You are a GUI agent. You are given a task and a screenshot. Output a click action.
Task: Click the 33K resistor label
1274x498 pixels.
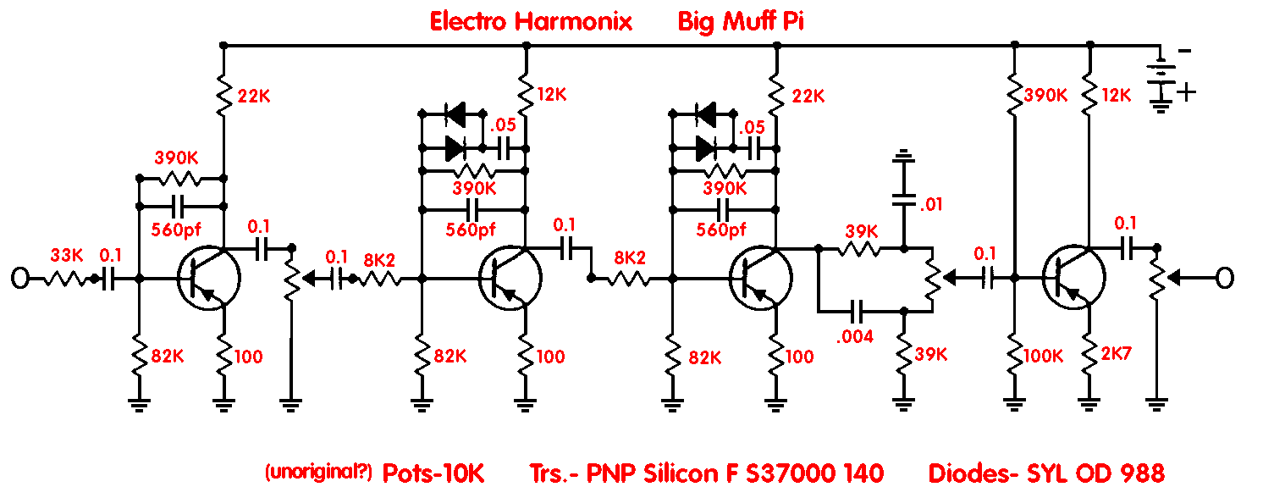click(67, 255)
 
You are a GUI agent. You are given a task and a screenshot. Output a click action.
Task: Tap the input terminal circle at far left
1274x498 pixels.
click(20, 279)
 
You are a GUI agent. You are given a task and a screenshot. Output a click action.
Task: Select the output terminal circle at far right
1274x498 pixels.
click(1225, 279)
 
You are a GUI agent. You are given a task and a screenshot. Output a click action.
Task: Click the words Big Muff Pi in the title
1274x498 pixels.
click(741, 22)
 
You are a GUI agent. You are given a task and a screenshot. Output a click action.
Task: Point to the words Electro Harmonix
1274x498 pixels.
click(531, 22)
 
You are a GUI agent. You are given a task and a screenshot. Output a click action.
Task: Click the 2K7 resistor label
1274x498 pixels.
click(1116, 353)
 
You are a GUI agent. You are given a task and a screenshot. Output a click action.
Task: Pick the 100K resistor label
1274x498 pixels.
click(1043, 357)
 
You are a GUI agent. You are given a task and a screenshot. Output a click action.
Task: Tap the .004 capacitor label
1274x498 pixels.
click(854, 336)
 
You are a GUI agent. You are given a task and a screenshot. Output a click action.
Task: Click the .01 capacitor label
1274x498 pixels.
click(931, 204)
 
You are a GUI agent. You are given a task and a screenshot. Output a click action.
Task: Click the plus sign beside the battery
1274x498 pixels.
click(1187, 91)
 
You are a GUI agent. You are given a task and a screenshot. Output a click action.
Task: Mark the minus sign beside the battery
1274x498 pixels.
click(1185, 51)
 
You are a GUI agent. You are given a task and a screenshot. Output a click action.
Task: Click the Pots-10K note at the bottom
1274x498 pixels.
click(433, 473)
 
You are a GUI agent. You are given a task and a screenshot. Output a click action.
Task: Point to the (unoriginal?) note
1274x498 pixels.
click(318, 472)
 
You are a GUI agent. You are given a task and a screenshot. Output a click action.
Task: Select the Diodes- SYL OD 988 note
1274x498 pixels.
click(1046, 473)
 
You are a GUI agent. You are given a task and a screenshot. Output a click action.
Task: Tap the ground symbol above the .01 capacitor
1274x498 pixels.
click(903, 155)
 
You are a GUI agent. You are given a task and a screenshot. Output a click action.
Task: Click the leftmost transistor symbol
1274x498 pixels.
click(208, 279)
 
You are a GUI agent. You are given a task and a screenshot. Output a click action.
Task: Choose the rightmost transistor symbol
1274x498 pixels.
click(1073, 279)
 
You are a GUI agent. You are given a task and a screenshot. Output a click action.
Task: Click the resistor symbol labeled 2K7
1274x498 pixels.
click(1089, 353)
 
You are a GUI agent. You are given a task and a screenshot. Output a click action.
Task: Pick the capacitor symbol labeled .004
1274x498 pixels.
click(856, 312)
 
